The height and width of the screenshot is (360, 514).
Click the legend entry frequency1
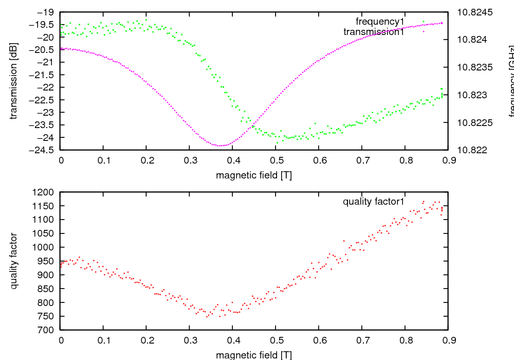(x=380, y=22)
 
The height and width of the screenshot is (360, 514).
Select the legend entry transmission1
(x=374, y=32)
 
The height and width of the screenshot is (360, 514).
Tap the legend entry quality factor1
(x=374, y=202)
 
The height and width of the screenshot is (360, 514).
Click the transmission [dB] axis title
(x=14, y=81)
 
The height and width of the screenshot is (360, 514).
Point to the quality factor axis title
(x=14, y=261)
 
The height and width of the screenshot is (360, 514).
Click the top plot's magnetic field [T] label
(x=254, y=175)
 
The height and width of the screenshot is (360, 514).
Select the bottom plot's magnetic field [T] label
(x=254, y=355)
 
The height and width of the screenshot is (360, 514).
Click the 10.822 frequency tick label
(x=472, y=150)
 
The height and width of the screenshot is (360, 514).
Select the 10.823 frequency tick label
(x=472, y=95)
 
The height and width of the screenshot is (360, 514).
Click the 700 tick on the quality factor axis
(x=48, y=330)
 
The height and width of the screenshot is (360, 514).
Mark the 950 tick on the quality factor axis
(x=48, y=261)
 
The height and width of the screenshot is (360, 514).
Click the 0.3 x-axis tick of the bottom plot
(x=190, y=340)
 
